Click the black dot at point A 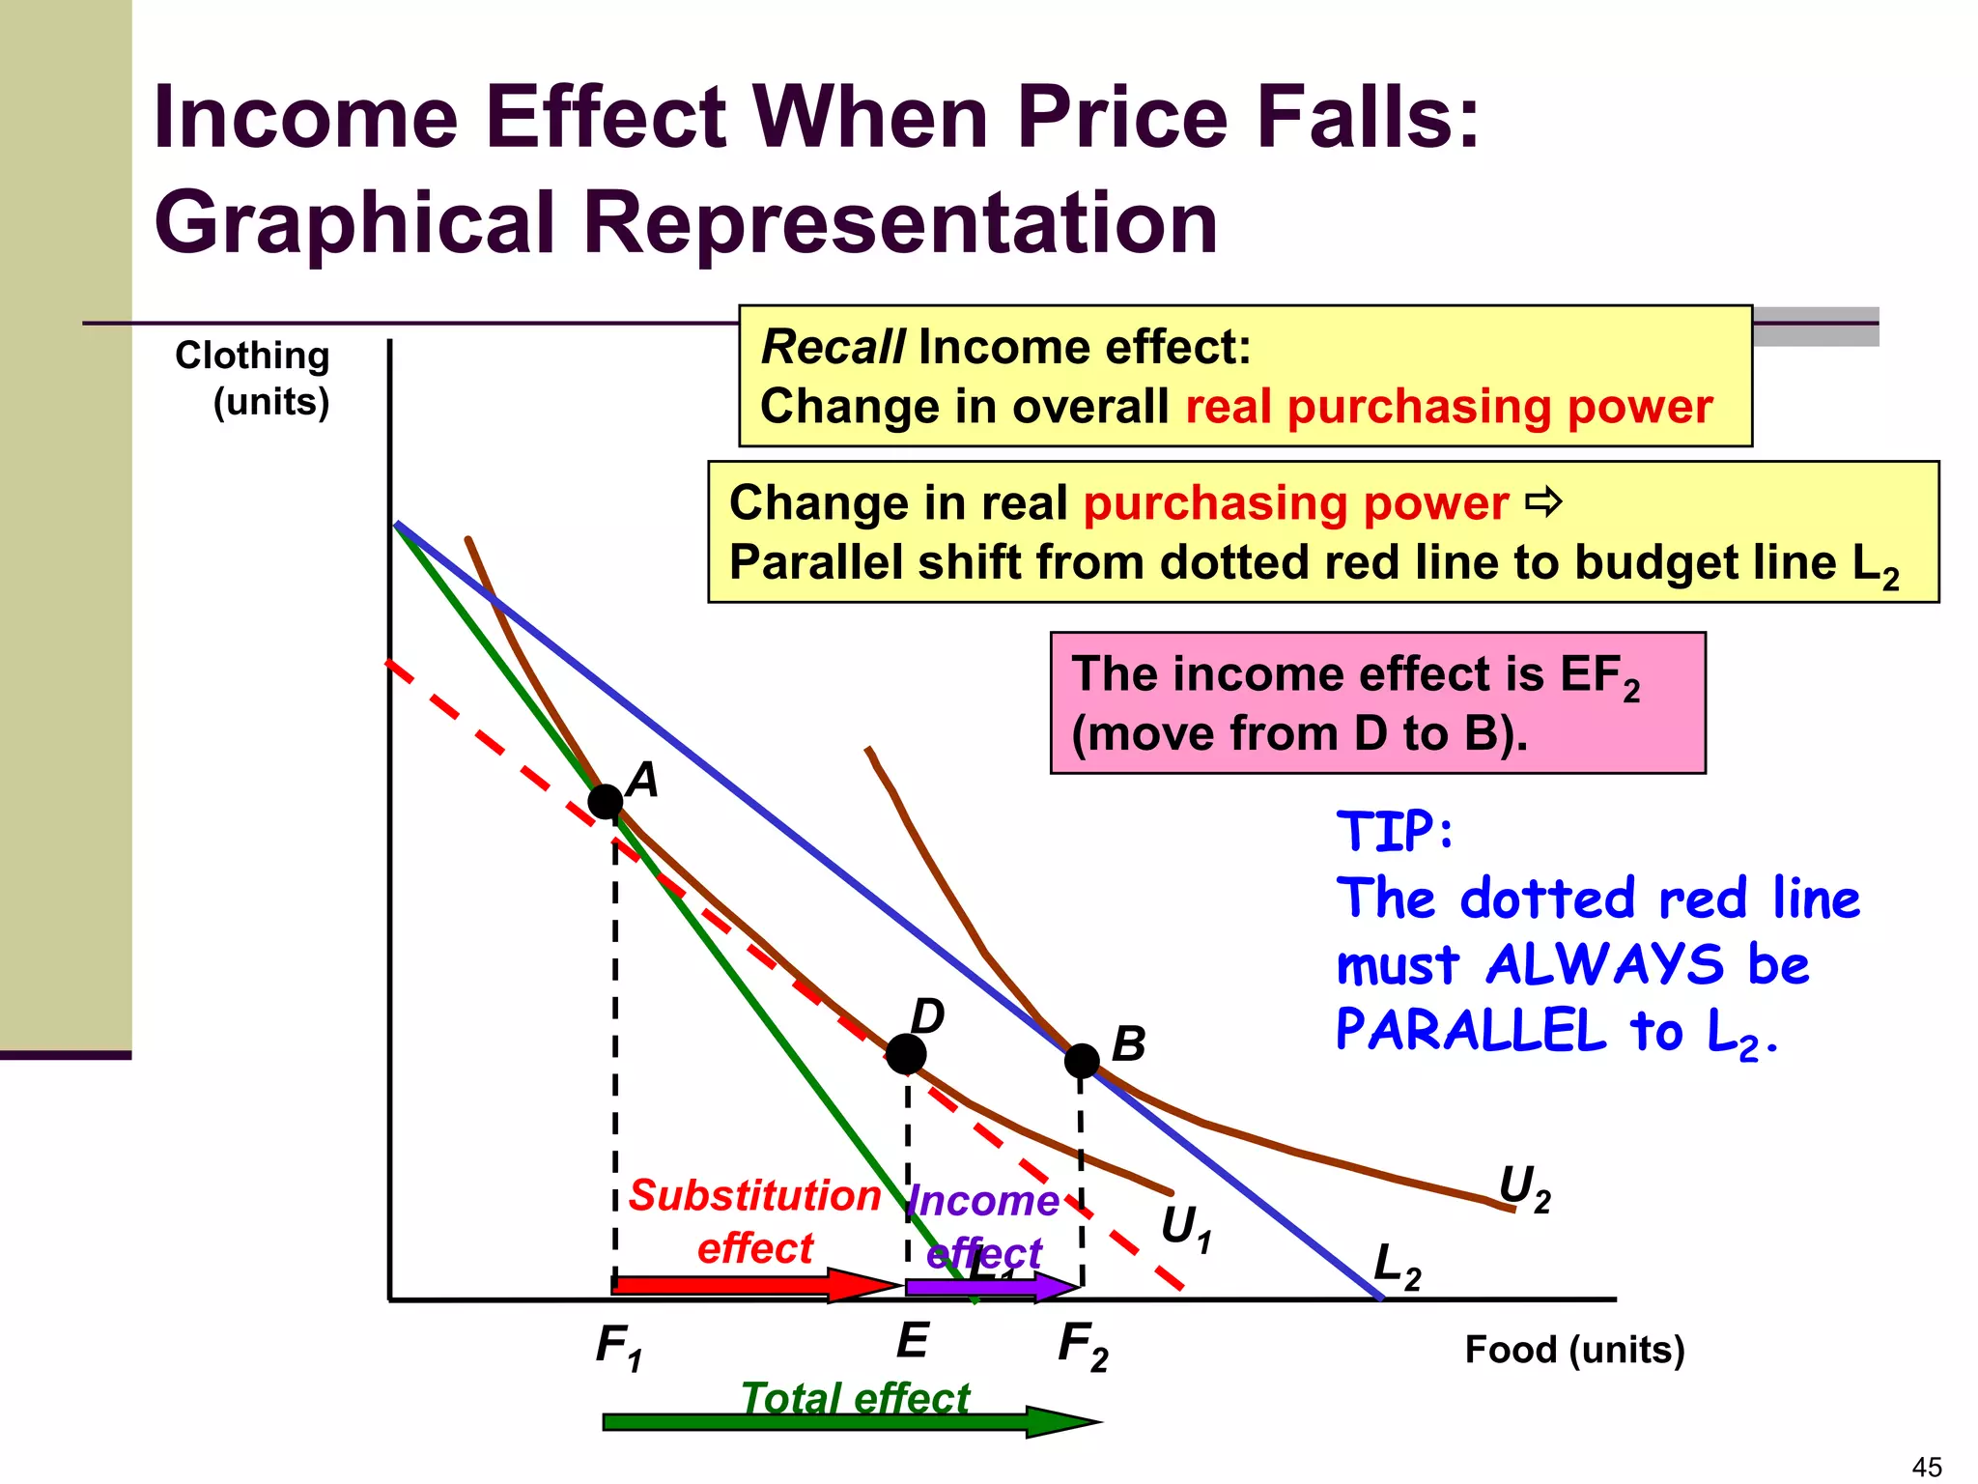tap(606, 801)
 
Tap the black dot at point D tap(906, 1054)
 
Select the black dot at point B tap(1082, 1061)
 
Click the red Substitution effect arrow tap(753, 1285)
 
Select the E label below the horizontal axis tap(913, 1341)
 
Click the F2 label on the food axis tap(1083, 1344)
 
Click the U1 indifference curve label tap(1185, 1228)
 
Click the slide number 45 tap(1927, 1467)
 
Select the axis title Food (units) tap(1574, 1349)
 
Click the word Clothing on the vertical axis tap(252, 356)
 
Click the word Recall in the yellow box tap(833, 347)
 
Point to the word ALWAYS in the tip tap(1604, 964)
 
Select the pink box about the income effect tap(1377, 702)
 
